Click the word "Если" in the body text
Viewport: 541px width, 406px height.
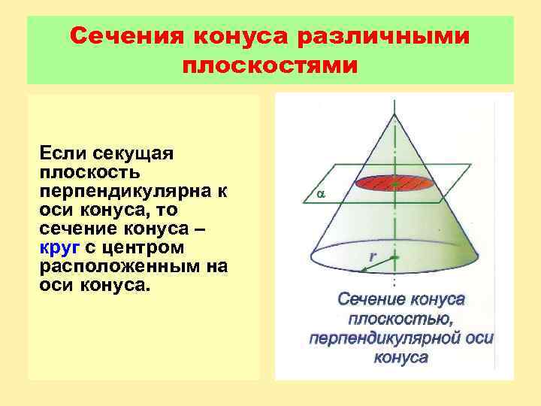click(x=62, y=153)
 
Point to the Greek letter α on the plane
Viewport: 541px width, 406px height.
click(x=320, y=194)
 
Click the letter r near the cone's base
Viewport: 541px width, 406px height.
click(x=373, y=256)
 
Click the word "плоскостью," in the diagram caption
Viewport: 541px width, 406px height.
click(x=400, y=319)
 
